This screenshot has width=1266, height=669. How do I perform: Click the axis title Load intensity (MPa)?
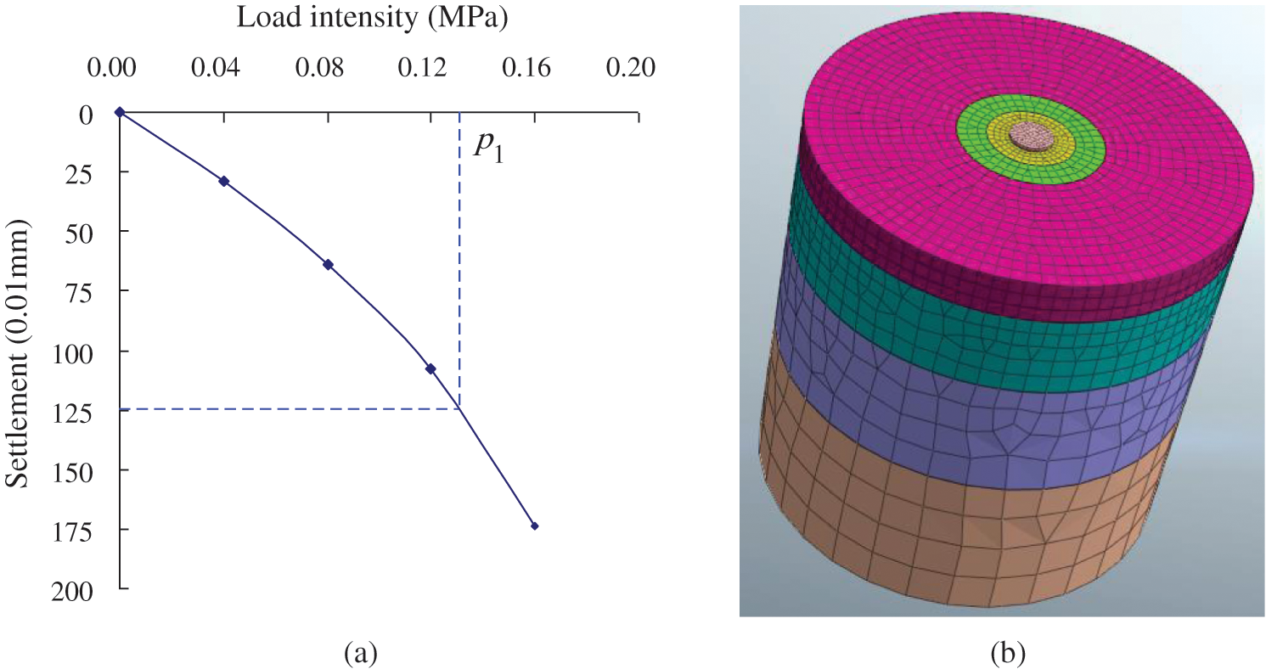coord(372,18)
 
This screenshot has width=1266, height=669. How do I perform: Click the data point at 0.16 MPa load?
coord(534,526)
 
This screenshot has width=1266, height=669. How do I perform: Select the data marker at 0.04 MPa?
coord(224,182)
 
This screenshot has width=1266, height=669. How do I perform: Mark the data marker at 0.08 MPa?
coord(328,265)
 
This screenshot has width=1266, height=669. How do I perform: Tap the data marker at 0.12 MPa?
coord(430,368)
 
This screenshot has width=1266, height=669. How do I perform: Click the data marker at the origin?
coord(120,112)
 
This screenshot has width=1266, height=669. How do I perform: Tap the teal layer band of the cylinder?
coord(1002,348)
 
